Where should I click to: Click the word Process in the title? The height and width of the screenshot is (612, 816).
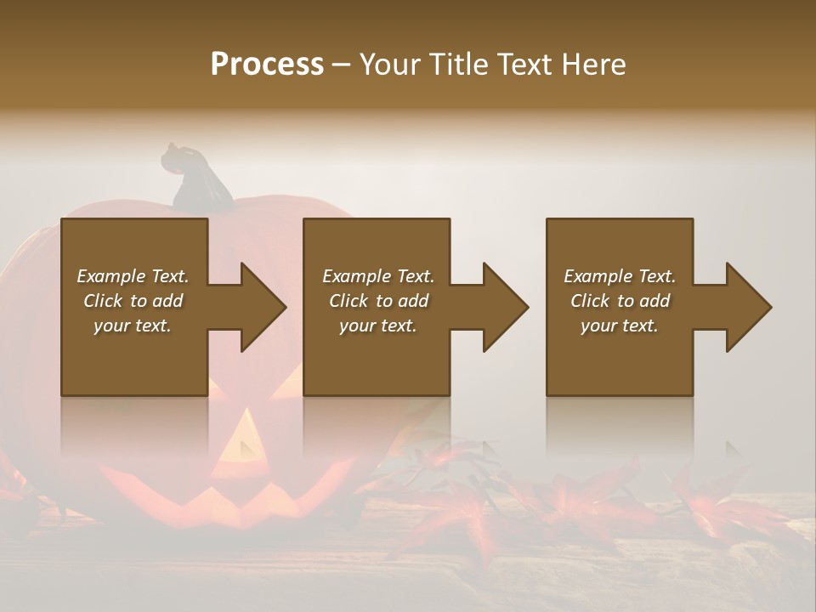click(267, 65)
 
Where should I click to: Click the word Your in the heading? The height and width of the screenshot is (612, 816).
click(392, 65)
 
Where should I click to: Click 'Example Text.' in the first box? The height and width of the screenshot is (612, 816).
click(133, 276)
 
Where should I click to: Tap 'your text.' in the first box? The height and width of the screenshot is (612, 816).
click(133, 326)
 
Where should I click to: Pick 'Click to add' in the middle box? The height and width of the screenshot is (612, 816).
click(378, 301)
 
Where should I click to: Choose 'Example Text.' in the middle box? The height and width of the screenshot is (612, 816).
click(378, 276)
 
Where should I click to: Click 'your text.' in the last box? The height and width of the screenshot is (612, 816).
click(620, 326)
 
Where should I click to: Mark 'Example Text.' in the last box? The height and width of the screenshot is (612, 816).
click(620, 276)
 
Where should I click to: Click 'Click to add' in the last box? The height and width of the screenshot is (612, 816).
click(620, 301)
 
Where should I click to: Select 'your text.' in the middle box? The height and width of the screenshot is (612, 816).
click(378, 326)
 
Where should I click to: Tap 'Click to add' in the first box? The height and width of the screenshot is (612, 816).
click(133, 301)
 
